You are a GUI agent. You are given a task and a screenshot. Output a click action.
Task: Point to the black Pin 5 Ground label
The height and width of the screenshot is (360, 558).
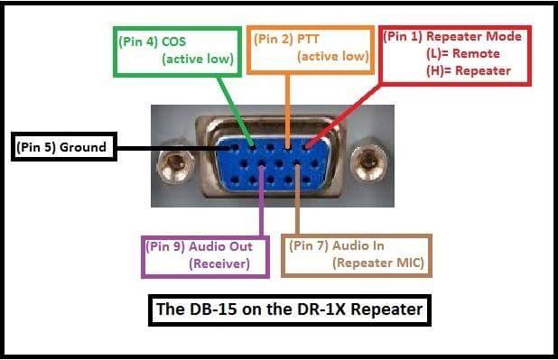pos(62,147)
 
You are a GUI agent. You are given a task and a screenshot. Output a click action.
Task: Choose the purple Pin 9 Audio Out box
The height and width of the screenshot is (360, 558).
pos(207,255)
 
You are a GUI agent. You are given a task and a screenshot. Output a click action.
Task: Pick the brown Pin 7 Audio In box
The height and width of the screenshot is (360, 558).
pos(358,255)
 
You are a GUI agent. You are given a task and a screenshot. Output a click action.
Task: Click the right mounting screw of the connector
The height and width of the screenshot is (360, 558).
pos(367,163)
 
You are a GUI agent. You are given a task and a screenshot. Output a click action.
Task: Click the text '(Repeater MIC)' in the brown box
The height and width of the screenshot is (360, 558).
pos(378,263)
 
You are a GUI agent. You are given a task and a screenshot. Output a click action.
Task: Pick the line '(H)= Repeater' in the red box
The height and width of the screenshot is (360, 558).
pos(468,70)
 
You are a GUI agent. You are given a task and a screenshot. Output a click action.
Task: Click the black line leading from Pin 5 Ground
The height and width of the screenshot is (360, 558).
pos(172,147)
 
